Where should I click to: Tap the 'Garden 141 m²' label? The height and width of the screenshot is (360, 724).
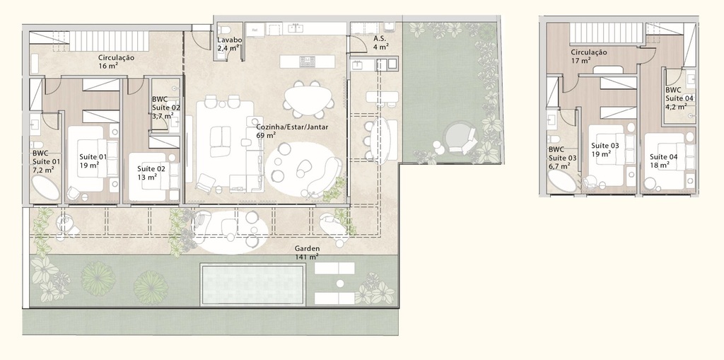click(308, 253)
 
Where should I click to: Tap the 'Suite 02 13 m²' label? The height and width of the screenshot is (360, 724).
click(151, 173)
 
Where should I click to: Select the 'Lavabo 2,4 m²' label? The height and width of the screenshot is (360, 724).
click(230, 44)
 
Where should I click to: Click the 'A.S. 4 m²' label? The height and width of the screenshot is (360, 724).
click(380, 43)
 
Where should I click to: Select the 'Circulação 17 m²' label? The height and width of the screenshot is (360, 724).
click(588, 56)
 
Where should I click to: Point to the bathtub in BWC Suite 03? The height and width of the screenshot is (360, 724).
click(564, 182)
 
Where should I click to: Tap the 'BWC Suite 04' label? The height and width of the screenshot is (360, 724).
click(679, 99)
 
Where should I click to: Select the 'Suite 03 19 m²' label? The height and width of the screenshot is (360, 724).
click(605, 149)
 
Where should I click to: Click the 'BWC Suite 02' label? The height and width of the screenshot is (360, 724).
click(166, 108)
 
